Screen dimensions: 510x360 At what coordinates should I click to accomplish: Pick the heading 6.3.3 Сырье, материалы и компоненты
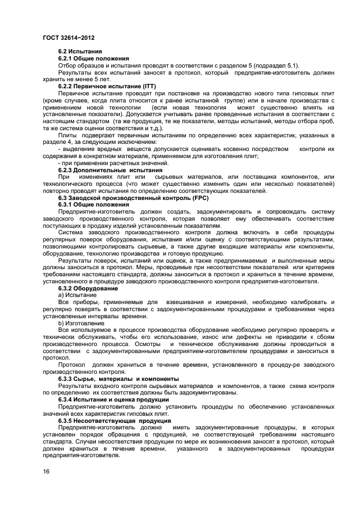tap(118, 379)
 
